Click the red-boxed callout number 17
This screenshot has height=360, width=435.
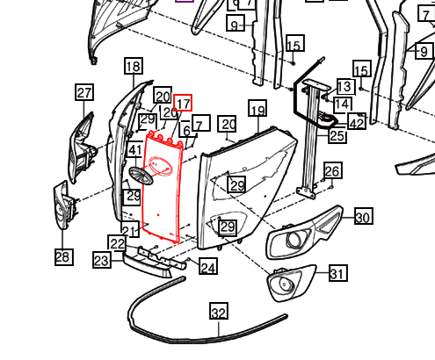(x=183, y=103)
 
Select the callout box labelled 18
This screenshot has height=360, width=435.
(x=134, y=66)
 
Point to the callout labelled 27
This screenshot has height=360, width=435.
(x=84, y=92)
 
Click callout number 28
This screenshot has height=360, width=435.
(x=64, y=257)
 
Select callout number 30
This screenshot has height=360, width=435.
(x=364, y=216)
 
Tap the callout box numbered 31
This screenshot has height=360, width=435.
(x=338, y=273)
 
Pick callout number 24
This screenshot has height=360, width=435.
(x=208, y=266)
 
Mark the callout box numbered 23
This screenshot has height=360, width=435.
(x=102, y=260)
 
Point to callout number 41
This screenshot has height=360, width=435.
(x=135, y=150)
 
